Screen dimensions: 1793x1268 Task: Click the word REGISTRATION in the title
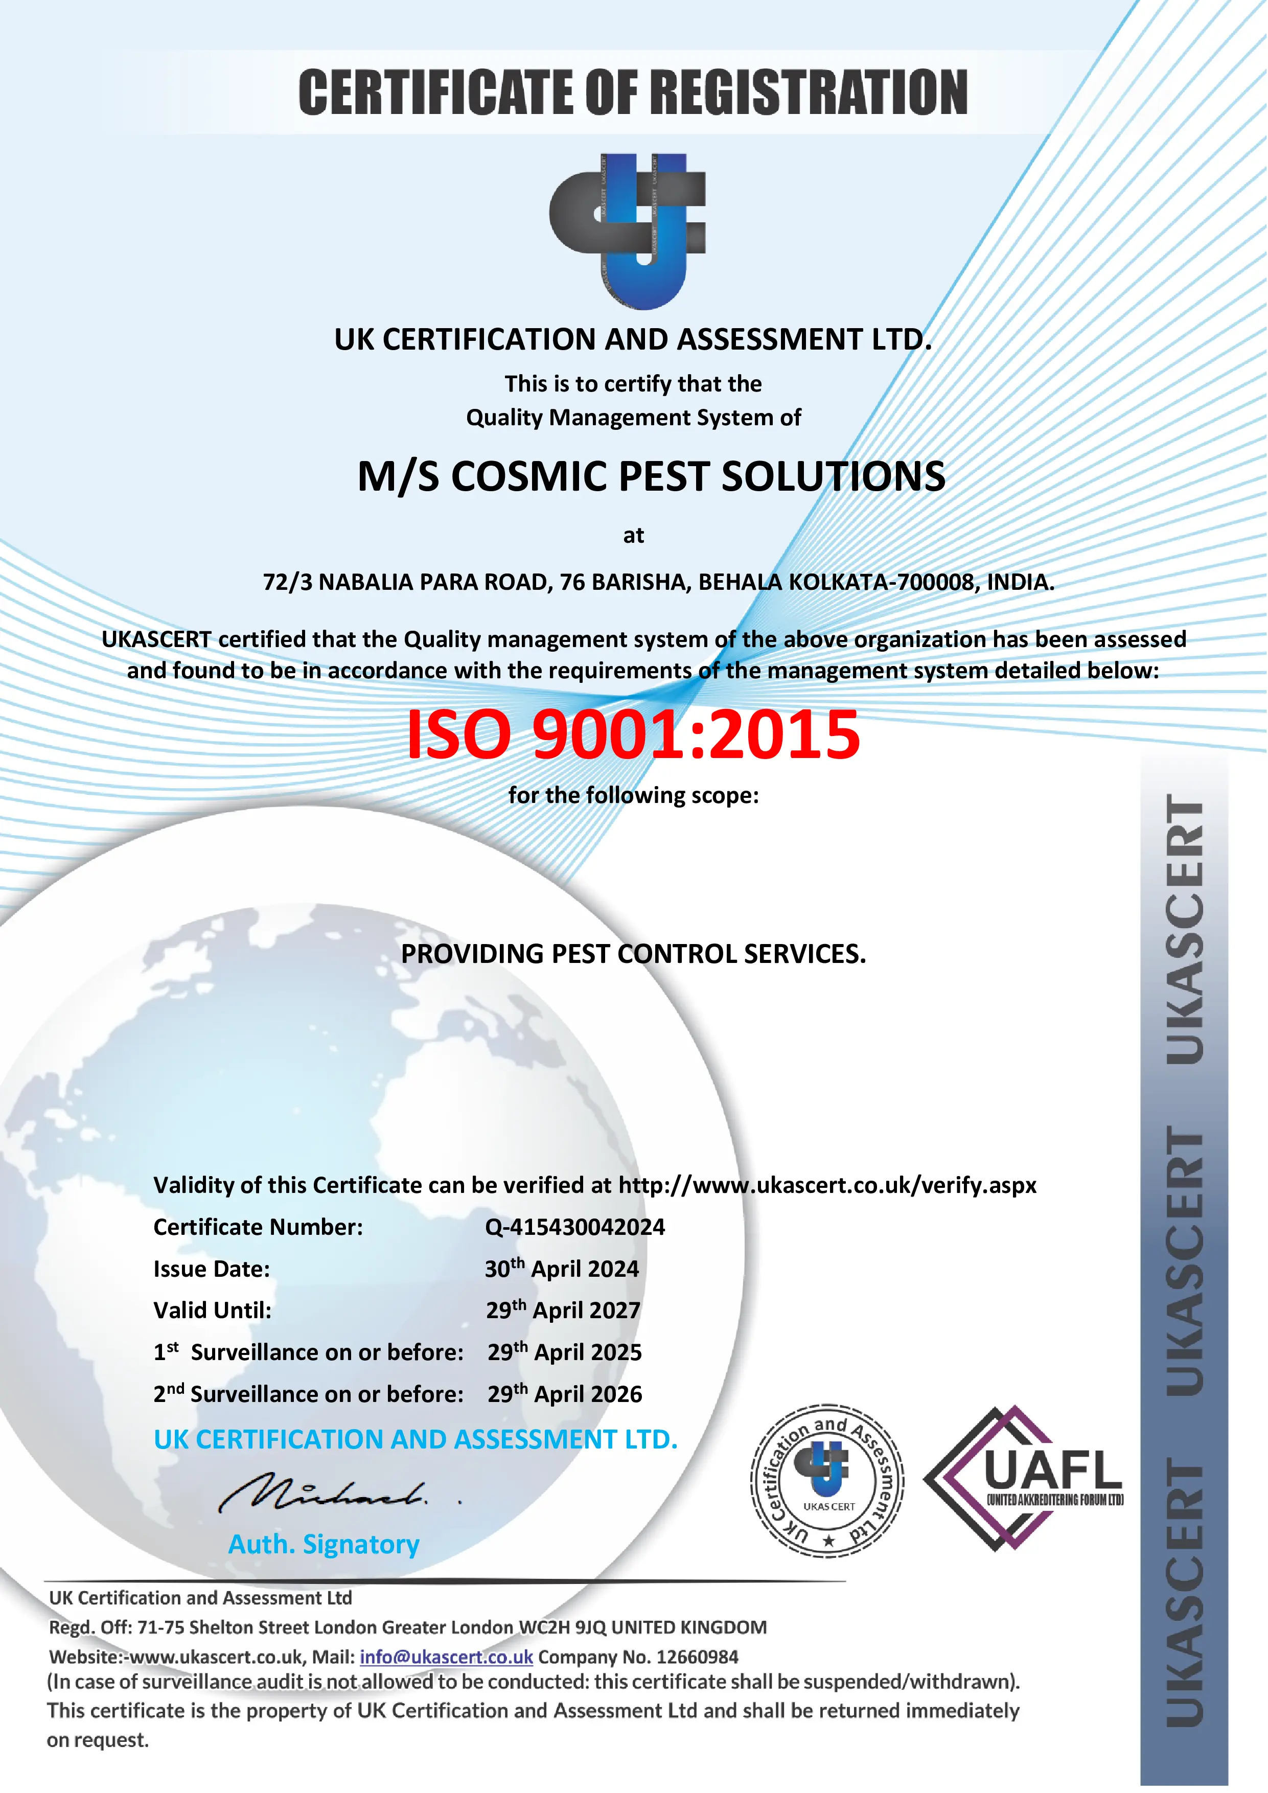(808, 92)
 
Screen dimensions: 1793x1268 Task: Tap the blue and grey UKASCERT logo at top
(629, 231)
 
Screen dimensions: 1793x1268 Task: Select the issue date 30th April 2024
(561, 1269)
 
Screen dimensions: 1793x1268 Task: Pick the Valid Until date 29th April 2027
(563, 1311)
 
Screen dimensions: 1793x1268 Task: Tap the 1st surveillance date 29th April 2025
(565, 1352)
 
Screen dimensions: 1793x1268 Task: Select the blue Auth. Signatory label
(324, 1544)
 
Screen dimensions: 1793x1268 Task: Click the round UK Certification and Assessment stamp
(827, 1481)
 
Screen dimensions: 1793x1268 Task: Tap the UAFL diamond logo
(1023, 1478)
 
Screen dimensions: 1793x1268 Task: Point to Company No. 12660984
(638, 1657)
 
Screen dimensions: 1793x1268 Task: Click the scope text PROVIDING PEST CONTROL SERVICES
(633, 954)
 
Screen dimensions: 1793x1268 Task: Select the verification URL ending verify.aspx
(827, 1185)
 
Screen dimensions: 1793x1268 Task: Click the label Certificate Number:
(258, 1227)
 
